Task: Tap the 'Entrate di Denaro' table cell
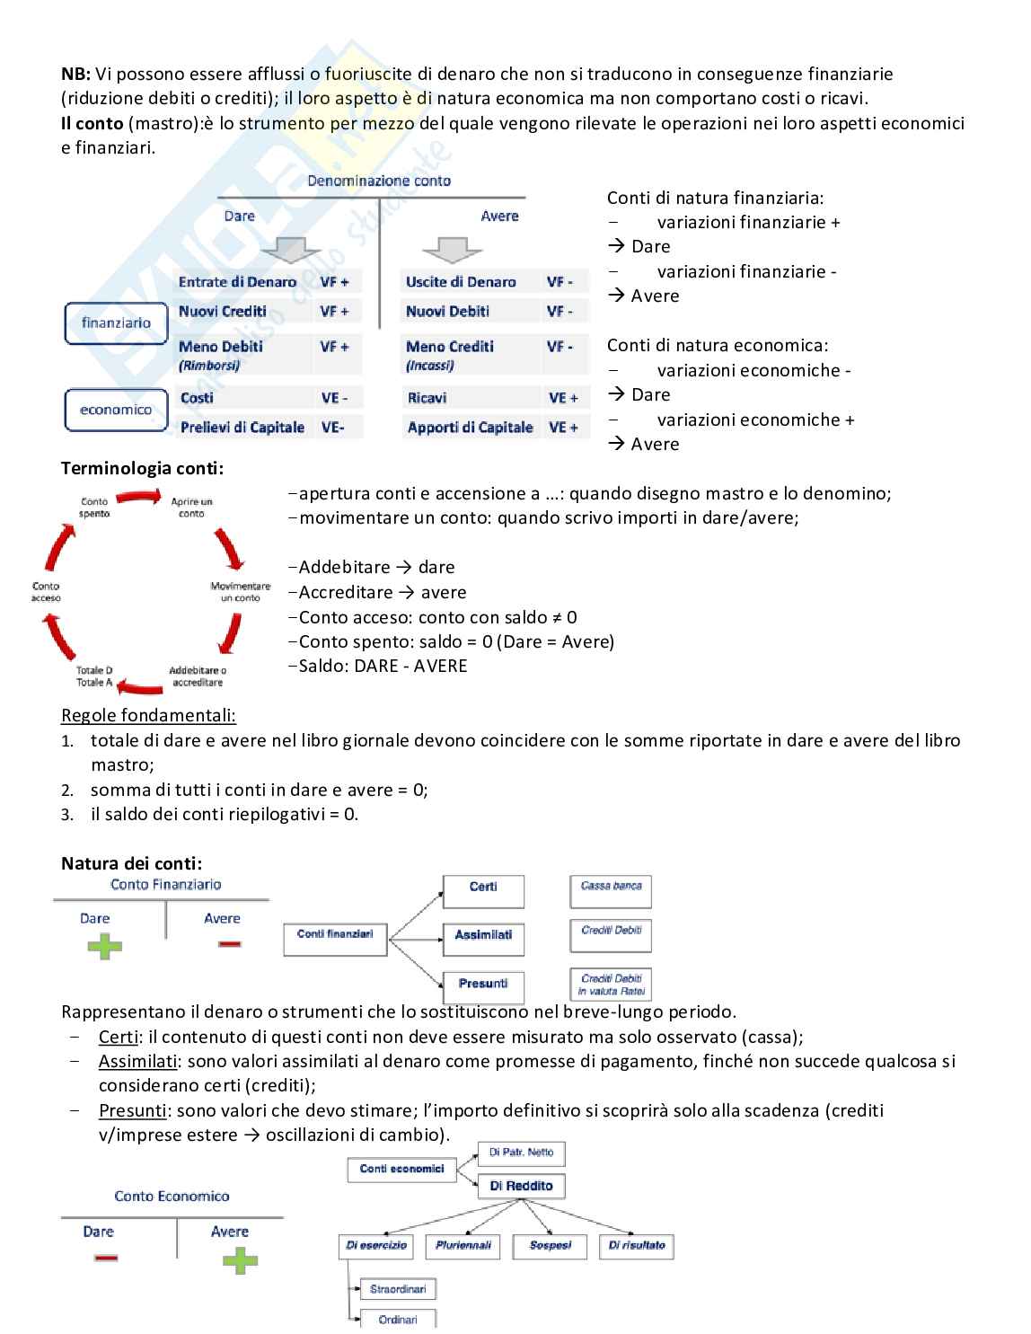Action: [x=237, y=282]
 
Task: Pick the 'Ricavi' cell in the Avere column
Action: [x=427, y=398]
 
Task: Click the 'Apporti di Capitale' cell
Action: [x=470, y=428]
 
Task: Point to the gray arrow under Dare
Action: [x=290, y=250]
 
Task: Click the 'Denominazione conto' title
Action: [x=379, y=181]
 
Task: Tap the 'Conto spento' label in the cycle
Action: [x=94, y=508]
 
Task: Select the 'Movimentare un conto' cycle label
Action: [x=241, y=592]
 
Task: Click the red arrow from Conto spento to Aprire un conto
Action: [x=139, y=497]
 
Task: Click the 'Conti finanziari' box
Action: [x=335, y=940]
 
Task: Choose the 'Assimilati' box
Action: [x=483, y=940]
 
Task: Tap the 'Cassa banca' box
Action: [x=611, y=891]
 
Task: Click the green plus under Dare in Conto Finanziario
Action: [x=104, y=946]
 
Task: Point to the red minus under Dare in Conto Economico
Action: [x=106, y=1258]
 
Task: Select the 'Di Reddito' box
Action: [x=521, y=1186]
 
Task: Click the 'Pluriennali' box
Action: [x=463, y=1247]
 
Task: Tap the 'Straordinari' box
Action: [x=398, y=1289]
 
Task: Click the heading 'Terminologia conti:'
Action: [x=143, y=468]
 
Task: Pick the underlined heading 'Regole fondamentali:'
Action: [x=148, y=716]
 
